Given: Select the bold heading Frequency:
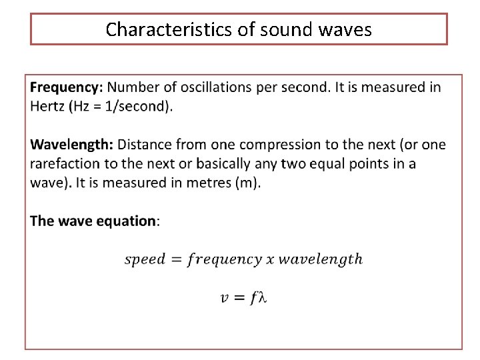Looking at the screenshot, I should click(x=67, y=87).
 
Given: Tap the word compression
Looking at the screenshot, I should click(x=275, y=145).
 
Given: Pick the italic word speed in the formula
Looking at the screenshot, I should click(x=144, y=259).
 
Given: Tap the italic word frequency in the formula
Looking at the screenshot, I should click(x=224, y=259).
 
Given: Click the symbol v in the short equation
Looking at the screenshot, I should click(x=225, y=298).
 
